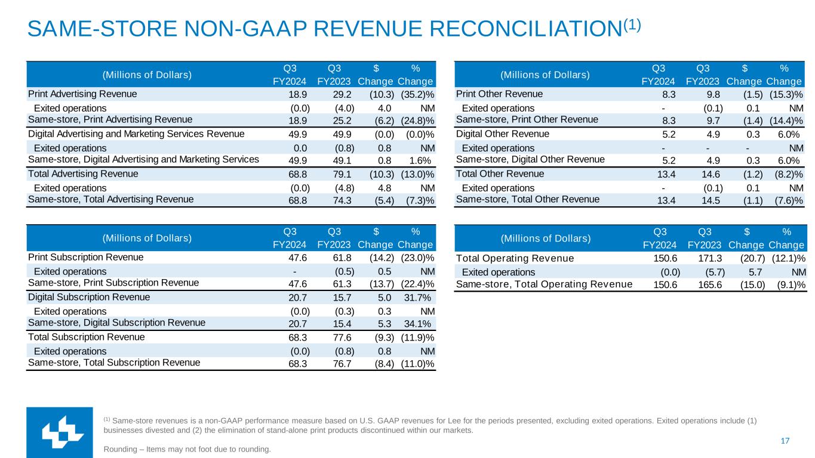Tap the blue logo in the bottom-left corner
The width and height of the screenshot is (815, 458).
[59, 432]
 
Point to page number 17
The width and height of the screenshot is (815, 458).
[785, 441]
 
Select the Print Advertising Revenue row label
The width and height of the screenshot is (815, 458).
[82, 94]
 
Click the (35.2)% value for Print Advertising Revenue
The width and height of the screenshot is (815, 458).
[417, 94]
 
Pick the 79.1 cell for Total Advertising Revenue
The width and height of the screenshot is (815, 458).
[345, 174]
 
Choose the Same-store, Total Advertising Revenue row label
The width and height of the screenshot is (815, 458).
[110, 199]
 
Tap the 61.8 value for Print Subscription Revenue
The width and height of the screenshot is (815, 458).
[345, 258]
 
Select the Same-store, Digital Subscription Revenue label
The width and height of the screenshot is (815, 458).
[116, 323]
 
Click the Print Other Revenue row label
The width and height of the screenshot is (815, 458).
[499, 94]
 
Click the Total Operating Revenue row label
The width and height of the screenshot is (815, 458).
[515, 258]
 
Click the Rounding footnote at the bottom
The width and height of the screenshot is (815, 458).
[187, 449]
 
